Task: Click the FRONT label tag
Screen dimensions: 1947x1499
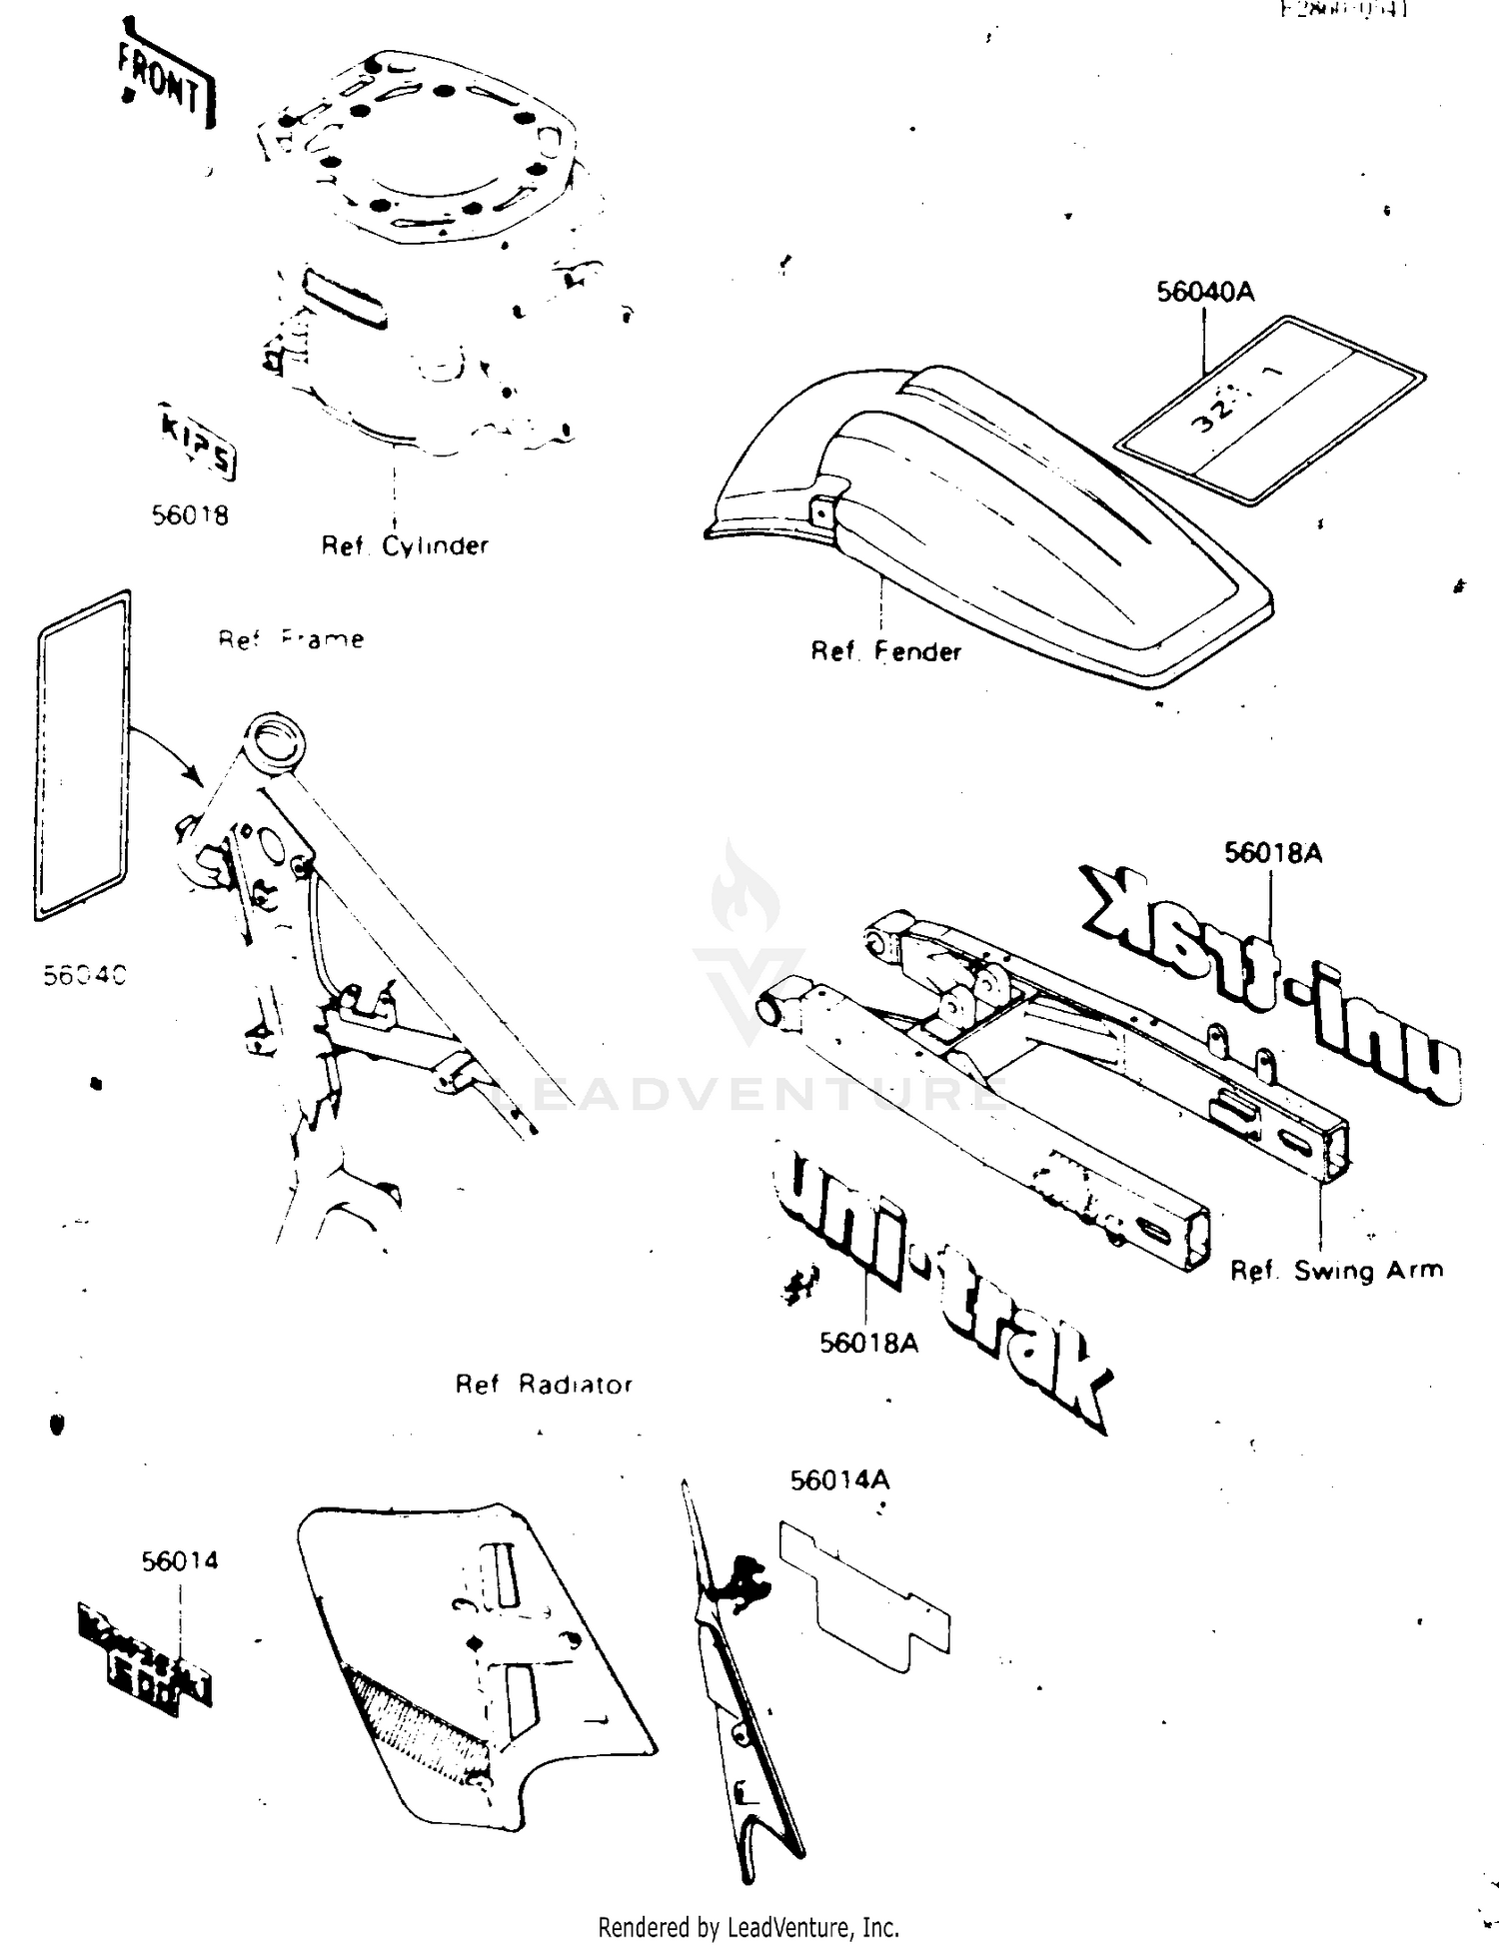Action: pyautogui.click(x=165, y=83)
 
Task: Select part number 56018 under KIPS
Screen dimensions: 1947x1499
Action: pyautogui.click(x=190, y=514)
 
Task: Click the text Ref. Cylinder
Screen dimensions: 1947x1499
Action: pyautogui.click(x=404, y=545)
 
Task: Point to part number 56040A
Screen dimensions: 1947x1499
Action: pyautogui.click(x=1205, y=292)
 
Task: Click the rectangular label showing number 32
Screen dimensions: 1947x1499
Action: pyautogui.click(x=1269, y=410)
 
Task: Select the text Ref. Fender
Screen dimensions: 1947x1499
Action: pyautogui.click(x=885, y=651)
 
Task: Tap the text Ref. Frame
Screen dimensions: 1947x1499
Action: pyautogui.click(x=291, y=639)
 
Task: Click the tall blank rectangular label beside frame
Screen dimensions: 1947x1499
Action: pyautogui.click(x=83, y=754)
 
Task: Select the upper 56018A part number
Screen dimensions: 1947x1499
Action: pyautogui.click(x=1273, y=852)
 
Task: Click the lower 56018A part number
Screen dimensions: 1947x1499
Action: pyautogui.click(x=868, y=1343)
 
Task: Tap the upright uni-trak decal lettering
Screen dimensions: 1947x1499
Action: pyautogui.click(x=939, y=1289)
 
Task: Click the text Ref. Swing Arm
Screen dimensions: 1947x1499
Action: pyautogui.click(x=1336, y=1271)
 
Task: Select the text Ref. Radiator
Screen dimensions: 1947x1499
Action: pyautogui.click(x=544, y=1385)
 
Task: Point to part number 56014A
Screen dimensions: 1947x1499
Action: pyautogui.click(x=839, y=1480)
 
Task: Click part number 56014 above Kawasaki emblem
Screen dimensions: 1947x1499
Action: pyautogui.click(x=180, y=1560)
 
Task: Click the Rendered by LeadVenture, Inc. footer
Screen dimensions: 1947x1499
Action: pyautogui.click(x=749, y=1927)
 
